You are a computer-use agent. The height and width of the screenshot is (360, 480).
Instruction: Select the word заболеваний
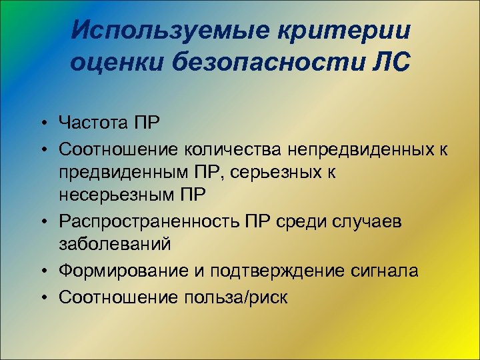pos(115,244)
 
